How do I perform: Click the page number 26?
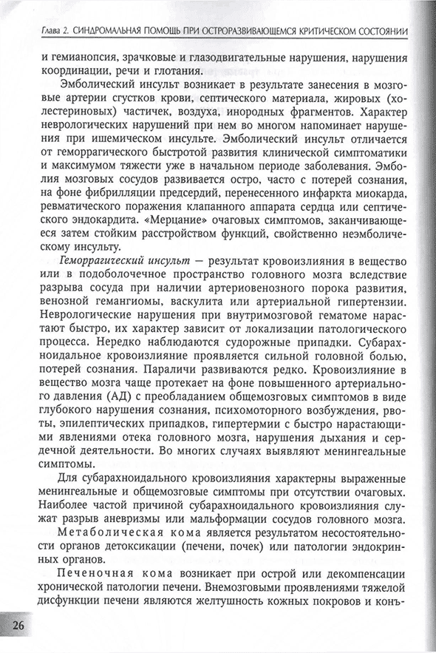[16, 625]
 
